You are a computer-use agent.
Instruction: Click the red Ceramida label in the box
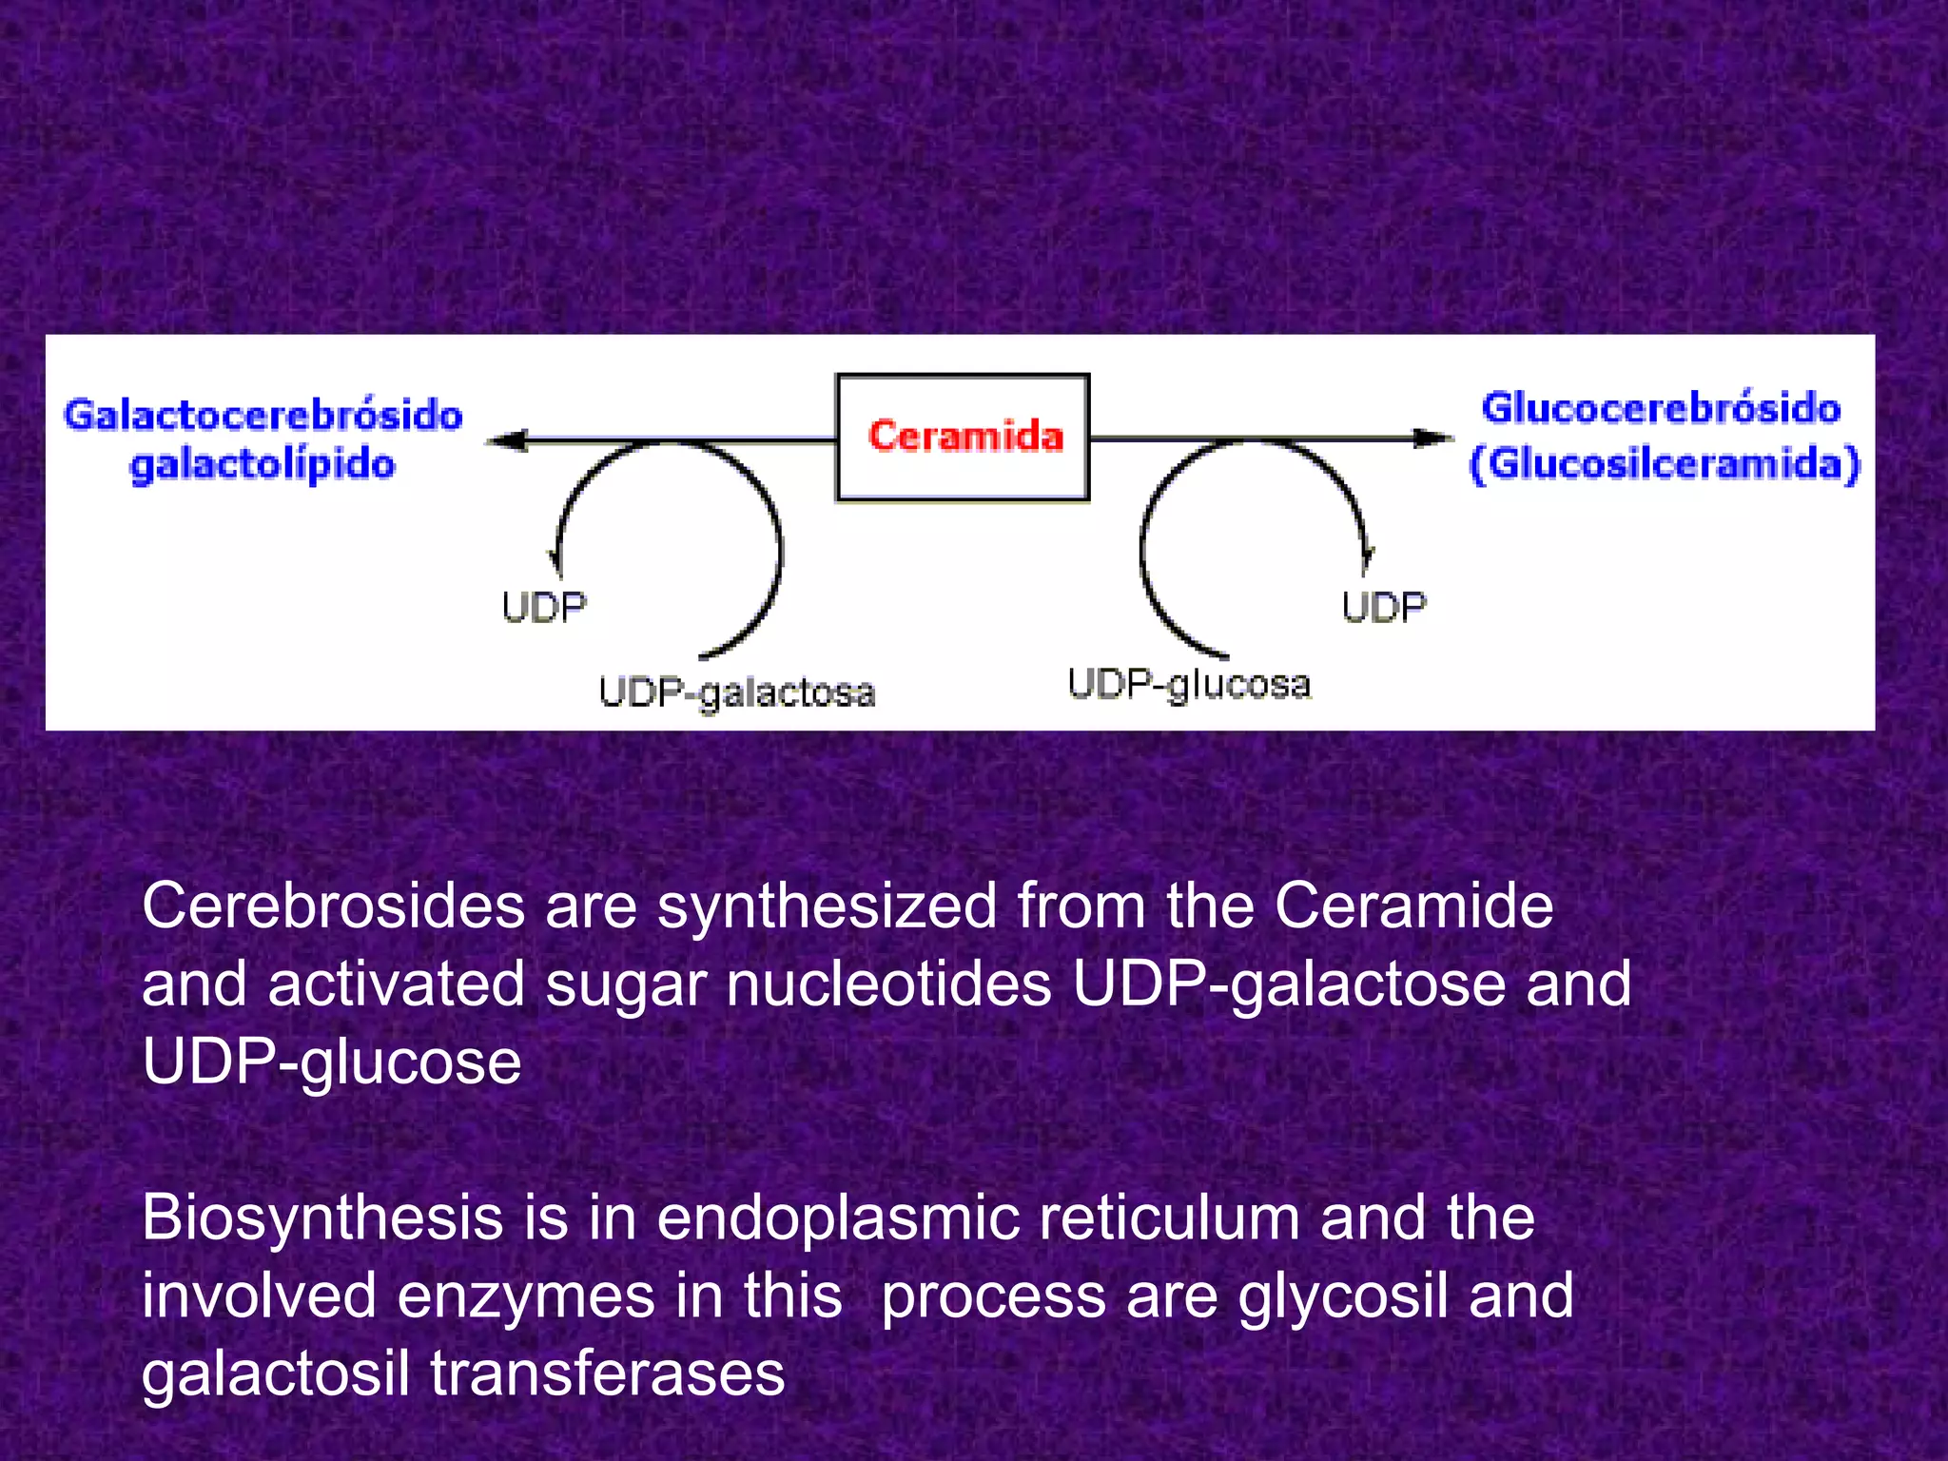(964, 436)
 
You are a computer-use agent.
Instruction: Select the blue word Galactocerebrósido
(263, 416)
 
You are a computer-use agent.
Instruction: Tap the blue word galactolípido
(263, 466)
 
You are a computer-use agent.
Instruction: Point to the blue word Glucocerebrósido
(1661, 408)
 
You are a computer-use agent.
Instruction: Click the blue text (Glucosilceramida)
(1665, 464)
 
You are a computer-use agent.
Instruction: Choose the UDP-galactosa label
(737, 692)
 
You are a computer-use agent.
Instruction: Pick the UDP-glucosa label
(1189, 684)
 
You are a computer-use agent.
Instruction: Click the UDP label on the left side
(544, 607)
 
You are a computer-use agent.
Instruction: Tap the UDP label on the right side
(1384, 607)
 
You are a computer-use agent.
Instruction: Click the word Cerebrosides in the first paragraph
(333, 906)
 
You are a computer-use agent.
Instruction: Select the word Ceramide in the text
(1413, 906)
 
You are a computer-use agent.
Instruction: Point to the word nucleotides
(889, 984)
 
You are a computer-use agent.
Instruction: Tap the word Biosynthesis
(321, 1217)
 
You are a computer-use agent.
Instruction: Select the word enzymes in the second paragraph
(524, 1295)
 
